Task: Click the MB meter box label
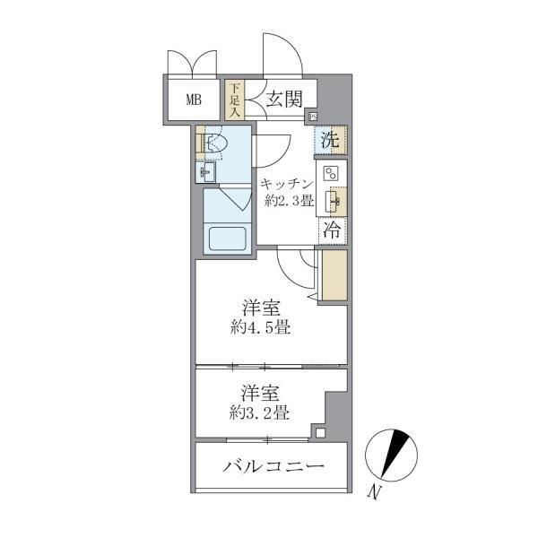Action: [193, 100]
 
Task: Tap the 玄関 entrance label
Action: [283, 100]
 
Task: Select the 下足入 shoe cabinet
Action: [234, 100]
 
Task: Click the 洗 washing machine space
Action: [330, 140]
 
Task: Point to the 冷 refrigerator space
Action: [330, 230]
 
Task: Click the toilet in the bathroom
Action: [215, 143]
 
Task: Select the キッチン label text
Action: [286, 185]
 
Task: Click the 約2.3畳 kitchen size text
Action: [288, 202]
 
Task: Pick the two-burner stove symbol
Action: [330, 173]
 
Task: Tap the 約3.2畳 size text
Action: [256, 412]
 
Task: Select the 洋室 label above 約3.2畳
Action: [258, 394]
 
